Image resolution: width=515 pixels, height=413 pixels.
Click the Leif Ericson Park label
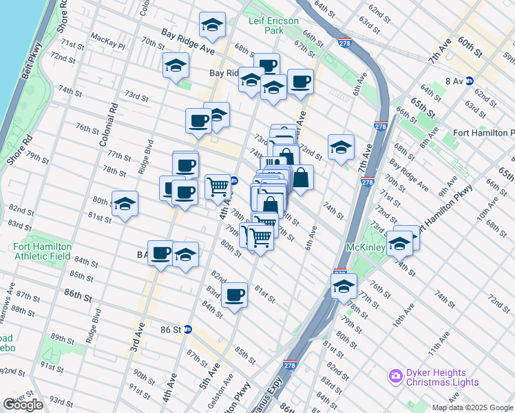pos(274,25)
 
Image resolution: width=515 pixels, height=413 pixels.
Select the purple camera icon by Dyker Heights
pos(395,377)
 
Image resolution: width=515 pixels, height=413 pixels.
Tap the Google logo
pos(23,405)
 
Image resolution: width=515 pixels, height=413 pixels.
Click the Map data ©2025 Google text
pos(473,407)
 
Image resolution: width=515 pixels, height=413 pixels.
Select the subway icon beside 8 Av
pos(470,81)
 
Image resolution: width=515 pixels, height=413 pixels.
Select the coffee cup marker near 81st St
pos(235,295)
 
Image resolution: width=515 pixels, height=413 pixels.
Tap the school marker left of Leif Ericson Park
pos(212,25)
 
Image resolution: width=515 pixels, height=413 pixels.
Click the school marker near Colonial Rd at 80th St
pos(125,204)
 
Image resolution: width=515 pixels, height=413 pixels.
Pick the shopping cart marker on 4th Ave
pos(218,185)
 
